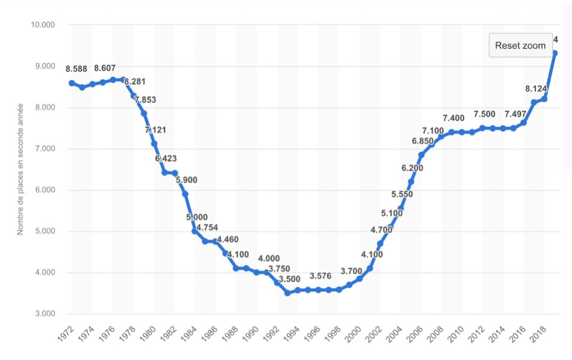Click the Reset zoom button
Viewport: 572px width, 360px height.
pyautogui.click(x=520, y=46)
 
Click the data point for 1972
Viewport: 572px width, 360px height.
pyautogui.click(x=72, y=83)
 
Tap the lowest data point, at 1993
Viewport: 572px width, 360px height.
pyautogui.click(x=287, y=293)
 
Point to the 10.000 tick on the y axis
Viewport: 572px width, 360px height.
pyautogui.click(x=42, y=25)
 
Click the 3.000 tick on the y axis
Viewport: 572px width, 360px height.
pyautogui.click(x=42, y=314)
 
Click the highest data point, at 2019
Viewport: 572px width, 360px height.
pyautogui.click(x=554, y=53)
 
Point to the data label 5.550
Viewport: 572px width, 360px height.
pyautogui.click(x=401, y=194)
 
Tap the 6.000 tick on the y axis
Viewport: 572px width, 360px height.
pyautogui.click(x=42, y=190)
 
